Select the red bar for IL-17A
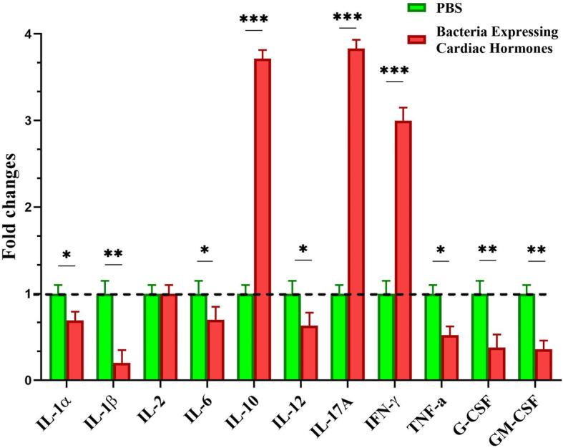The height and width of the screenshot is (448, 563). (x=356, y=214)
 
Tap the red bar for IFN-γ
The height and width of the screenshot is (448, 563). (x=403, y=250)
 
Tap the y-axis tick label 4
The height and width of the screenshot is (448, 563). (x=26, y=34)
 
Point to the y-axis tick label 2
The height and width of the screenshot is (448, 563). (x=26, y=208)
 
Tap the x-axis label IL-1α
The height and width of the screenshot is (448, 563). (x=59, y=409)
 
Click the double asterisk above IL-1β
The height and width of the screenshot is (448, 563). (x=113, y=254)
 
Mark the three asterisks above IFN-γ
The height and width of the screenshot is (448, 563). (x=394, y=71)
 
